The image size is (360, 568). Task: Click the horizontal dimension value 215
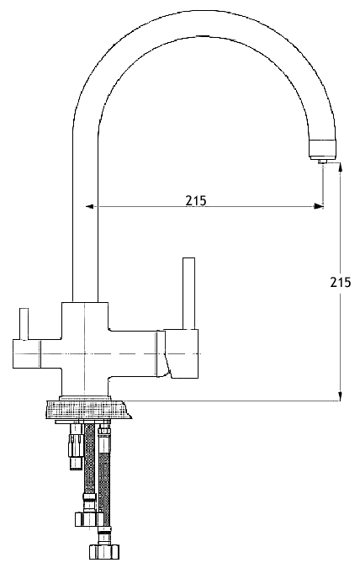(x=196, y=200)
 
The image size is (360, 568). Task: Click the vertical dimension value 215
(x=340, y=282)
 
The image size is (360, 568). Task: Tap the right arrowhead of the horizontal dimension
(x=319, y=206)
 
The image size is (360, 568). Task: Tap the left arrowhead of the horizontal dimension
(x=90, y=206)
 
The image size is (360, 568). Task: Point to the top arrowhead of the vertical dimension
(x=340, y=168)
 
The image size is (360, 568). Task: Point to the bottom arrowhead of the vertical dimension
(x=340, y=396)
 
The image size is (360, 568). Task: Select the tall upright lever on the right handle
(x=189, y=294)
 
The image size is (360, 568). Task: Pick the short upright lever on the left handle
(x=24, y=324)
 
